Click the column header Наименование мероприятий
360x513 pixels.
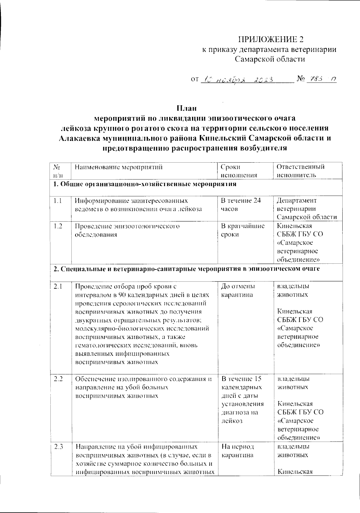118,167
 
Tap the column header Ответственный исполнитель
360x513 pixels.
300,171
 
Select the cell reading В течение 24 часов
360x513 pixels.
241,205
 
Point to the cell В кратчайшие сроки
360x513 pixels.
242,230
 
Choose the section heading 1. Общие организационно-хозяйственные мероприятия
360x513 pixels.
145,184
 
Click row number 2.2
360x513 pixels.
58,379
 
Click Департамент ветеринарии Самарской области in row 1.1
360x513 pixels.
306,209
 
